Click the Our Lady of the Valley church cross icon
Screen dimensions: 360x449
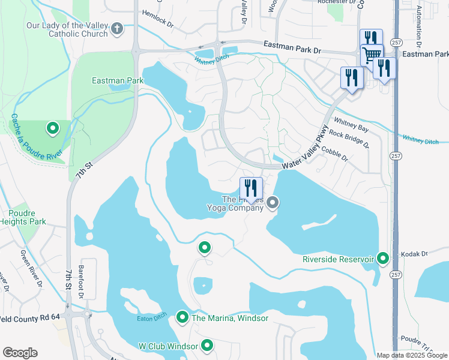pyautogui.click(x=117, y=28)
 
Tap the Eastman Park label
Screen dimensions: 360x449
pyautogui.click(x=109, y=80)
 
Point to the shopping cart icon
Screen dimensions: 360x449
pyautogui.click(x=372, y=55)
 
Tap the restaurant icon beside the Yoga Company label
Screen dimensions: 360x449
pyautogui.click(x=251, y=188)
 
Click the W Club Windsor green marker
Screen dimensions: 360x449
pyautogui.click(x=208, y=346)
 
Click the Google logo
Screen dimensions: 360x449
pyautogui.click(x=20, y=353)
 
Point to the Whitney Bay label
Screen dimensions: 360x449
pyautogui.click(x=351, y=124)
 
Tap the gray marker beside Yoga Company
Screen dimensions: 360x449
pyautogui.click(x=273, y=203)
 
